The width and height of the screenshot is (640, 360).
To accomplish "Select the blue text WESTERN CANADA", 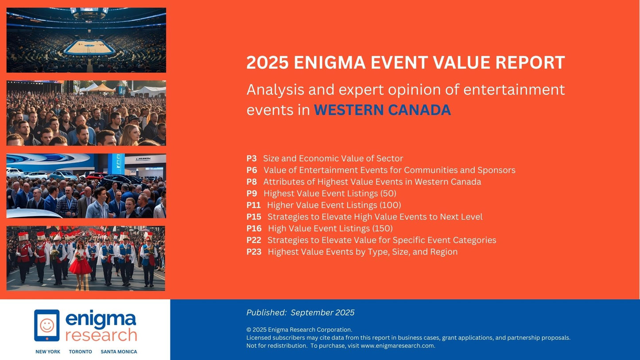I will pos(382,110).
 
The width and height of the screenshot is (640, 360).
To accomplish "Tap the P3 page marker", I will pos(251,159).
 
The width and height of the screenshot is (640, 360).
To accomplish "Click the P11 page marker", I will pos(253,205).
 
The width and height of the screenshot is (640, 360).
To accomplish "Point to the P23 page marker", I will pos(254,252).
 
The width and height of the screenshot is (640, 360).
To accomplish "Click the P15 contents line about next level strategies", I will pos(374,217).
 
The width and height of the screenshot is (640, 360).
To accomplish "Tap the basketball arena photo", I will pos(86,40).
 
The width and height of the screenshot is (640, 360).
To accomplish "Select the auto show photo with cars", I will pos(86,186).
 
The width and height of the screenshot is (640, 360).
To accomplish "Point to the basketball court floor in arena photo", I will pos(89,46).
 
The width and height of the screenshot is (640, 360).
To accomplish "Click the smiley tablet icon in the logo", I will pos(47,325).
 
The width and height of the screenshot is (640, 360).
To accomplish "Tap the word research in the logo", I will pos(101,335).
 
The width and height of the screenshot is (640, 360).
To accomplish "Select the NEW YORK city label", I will pos(48,352).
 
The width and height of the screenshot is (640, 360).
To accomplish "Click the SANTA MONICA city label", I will pos(119,352).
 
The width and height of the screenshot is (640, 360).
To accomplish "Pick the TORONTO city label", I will pos(80,352).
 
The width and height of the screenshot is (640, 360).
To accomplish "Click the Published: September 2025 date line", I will pos(300,313).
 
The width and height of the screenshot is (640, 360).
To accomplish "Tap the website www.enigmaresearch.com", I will pos(397,346).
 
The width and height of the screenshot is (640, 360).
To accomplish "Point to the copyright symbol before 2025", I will pos(248,330).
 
